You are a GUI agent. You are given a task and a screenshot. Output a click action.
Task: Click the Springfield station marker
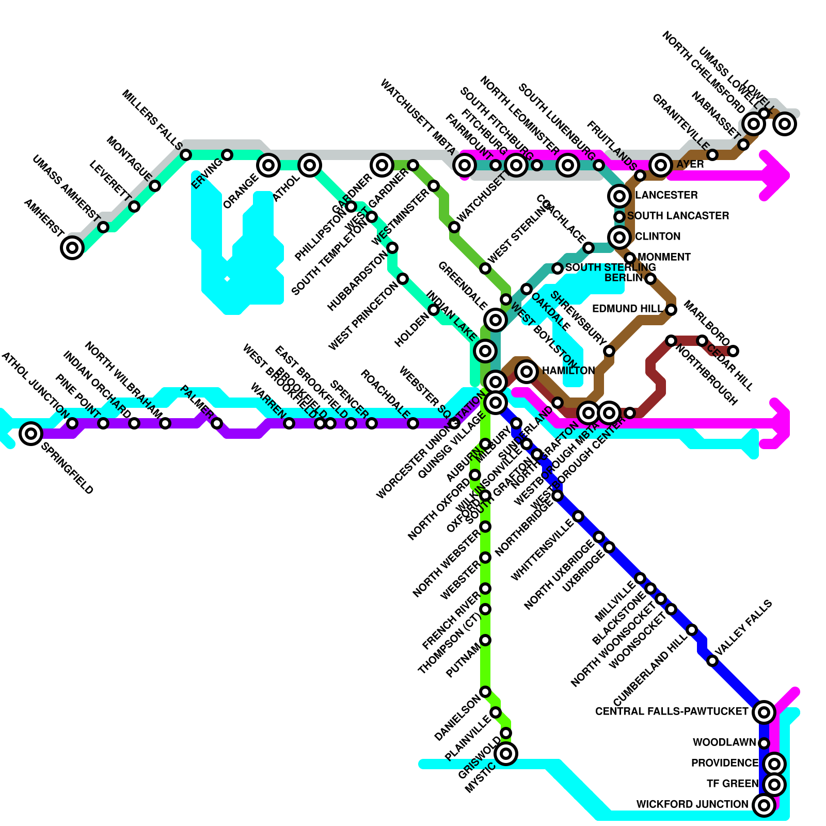pos(31,433)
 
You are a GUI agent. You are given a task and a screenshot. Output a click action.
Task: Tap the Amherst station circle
pos(72,247)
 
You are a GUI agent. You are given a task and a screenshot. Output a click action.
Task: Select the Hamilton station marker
pos(527,371)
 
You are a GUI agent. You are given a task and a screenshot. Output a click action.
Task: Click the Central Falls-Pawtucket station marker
pos(764,712)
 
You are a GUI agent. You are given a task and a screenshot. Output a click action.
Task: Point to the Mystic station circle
pos(506,754)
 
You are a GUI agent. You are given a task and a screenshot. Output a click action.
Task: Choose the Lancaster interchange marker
pos(619,196)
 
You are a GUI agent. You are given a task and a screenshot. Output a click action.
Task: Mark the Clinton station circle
pos(619,237)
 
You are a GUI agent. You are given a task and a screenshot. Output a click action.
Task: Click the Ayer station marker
pos(661,165)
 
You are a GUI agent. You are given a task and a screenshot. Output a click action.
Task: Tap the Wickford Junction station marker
pos(764,804)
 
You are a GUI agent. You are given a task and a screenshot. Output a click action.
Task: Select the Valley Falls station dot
pos(712,660)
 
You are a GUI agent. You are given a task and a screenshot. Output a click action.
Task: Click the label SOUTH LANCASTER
pos(678,216)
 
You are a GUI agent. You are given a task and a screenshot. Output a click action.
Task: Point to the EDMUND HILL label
pos(627,309)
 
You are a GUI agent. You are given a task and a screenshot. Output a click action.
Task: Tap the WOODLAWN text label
pos(724,742)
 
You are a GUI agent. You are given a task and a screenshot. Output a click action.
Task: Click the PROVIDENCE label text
pos(724,763)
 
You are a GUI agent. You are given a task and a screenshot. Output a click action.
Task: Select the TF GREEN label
pos(732,784)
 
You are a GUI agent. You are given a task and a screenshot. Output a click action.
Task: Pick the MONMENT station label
pos(664,257)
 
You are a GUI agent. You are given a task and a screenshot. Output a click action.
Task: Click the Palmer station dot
pos(217,423)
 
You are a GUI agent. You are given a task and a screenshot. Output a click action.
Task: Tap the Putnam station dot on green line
pos(485,640)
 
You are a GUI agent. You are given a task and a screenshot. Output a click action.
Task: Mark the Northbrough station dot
pos(671,340)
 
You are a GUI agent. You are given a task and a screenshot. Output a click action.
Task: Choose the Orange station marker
pos(268,165)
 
